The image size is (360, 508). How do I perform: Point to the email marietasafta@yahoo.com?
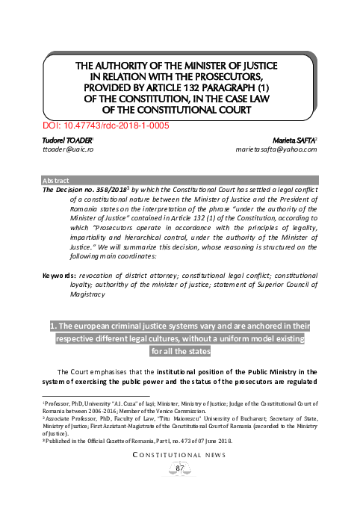(276, 149)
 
